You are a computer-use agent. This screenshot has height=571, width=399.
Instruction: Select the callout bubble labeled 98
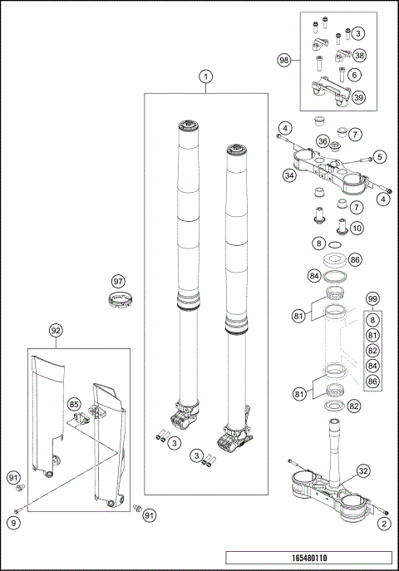(284, 60)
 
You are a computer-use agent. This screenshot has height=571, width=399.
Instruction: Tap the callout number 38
(359, 55)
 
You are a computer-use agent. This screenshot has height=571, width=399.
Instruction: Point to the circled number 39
(359, 97)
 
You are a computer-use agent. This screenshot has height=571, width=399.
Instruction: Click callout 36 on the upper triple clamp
(323, 142)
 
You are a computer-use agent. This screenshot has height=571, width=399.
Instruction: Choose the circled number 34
(289, 175)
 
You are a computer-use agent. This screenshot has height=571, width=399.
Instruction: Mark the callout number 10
(356, 227)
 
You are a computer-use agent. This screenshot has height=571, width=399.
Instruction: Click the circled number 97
(118, 281)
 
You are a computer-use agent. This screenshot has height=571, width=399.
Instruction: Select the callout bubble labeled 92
(57, 331)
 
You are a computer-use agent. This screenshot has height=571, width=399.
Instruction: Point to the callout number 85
(75, 406)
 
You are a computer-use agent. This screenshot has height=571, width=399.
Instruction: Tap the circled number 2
(383, 523)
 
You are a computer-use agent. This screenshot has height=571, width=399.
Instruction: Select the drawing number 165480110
(308, 559)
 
